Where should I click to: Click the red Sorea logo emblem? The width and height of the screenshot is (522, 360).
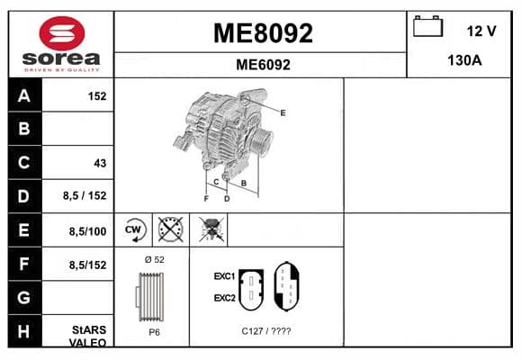62,33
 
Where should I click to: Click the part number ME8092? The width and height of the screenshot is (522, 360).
263,33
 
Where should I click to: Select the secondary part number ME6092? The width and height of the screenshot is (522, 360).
263,65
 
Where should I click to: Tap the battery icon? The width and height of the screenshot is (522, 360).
427,26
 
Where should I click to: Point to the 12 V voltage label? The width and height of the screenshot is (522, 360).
481,31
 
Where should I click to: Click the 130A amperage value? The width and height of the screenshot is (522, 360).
464,60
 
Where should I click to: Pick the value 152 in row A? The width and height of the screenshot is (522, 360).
97,96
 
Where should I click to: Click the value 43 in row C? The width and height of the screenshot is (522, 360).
100,163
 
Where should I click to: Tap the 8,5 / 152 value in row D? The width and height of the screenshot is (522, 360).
85,195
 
